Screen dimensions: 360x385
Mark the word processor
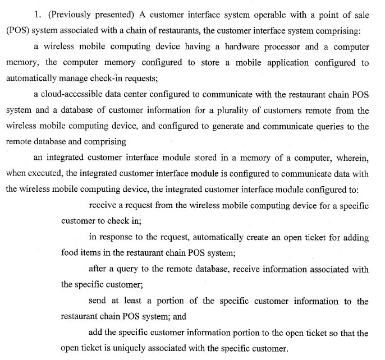pyautogui.click(x=273, y=47)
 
